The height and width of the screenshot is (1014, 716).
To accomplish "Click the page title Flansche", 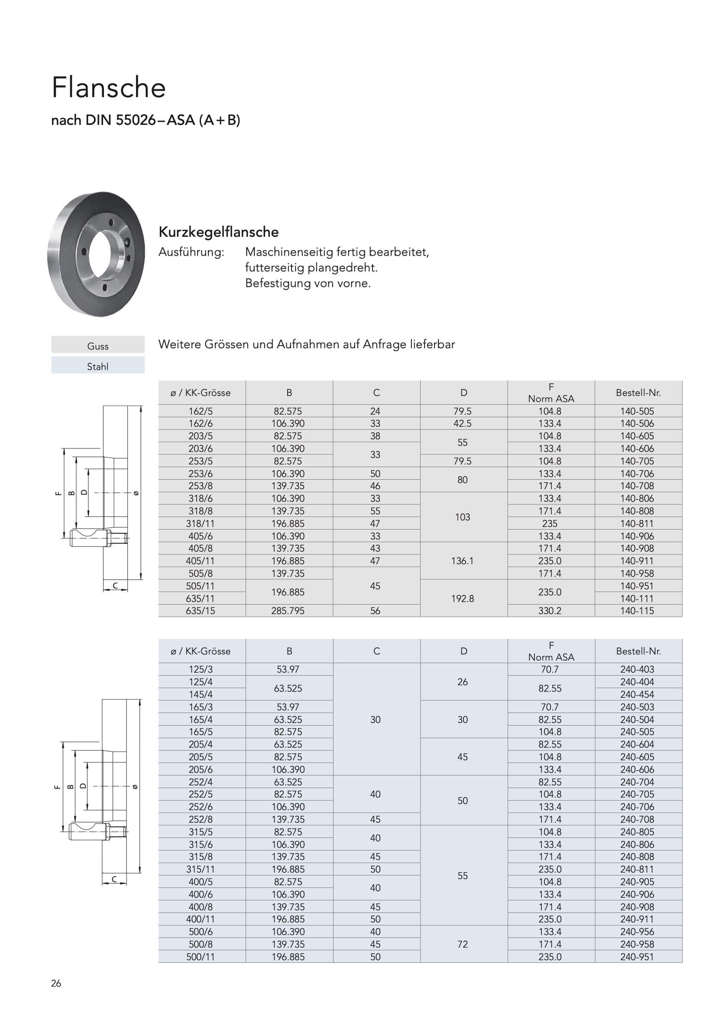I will [x=109, y=88].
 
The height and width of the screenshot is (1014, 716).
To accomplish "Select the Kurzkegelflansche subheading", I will [x=218, y=232].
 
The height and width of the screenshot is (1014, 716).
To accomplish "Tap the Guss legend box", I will [x=97, y=346].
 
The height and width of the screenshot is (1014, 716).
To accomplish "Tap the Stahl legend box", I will [x=97, y=366].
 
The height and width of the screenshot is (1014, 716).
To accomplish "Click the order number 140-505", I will [x=637, y=411].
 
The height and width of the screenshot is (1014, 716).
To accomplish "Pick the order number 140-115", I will [x=637, y=611].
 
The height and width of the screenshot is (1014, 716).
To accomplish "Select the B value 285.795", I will [x=288, y=611].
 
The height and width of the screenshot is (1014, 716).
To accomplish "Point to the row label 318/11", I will [x=200, y=523].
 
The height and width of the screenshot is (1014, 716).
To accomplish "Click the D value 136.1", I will [x=462, y=561].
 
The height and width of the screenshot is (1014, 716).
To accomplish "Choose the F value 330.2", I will [x=550, y=611].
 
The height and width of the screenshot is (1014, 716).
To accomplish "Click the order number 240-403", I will [x=637, y=670].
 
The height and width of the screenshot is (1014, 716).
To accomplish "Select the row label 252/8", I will [x=200, y=819].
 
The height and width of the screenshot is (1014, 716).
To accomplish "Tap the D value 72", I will [x=462, y=944].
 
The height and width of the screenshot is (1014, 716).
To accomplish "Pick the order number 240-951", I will [x=637, y=957].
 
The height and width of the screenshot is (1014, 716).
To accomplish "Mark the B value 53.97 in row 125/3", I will [x=288, y=670].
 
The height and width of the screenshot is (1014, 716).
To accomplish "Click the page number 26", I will [x=56, y=983].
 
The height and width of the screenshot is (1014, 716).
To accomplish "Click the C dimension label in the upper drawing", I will [x=115, y=586].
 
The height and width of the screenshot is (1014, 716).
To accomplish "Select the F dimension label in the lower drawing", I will [x=57, y=787].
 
